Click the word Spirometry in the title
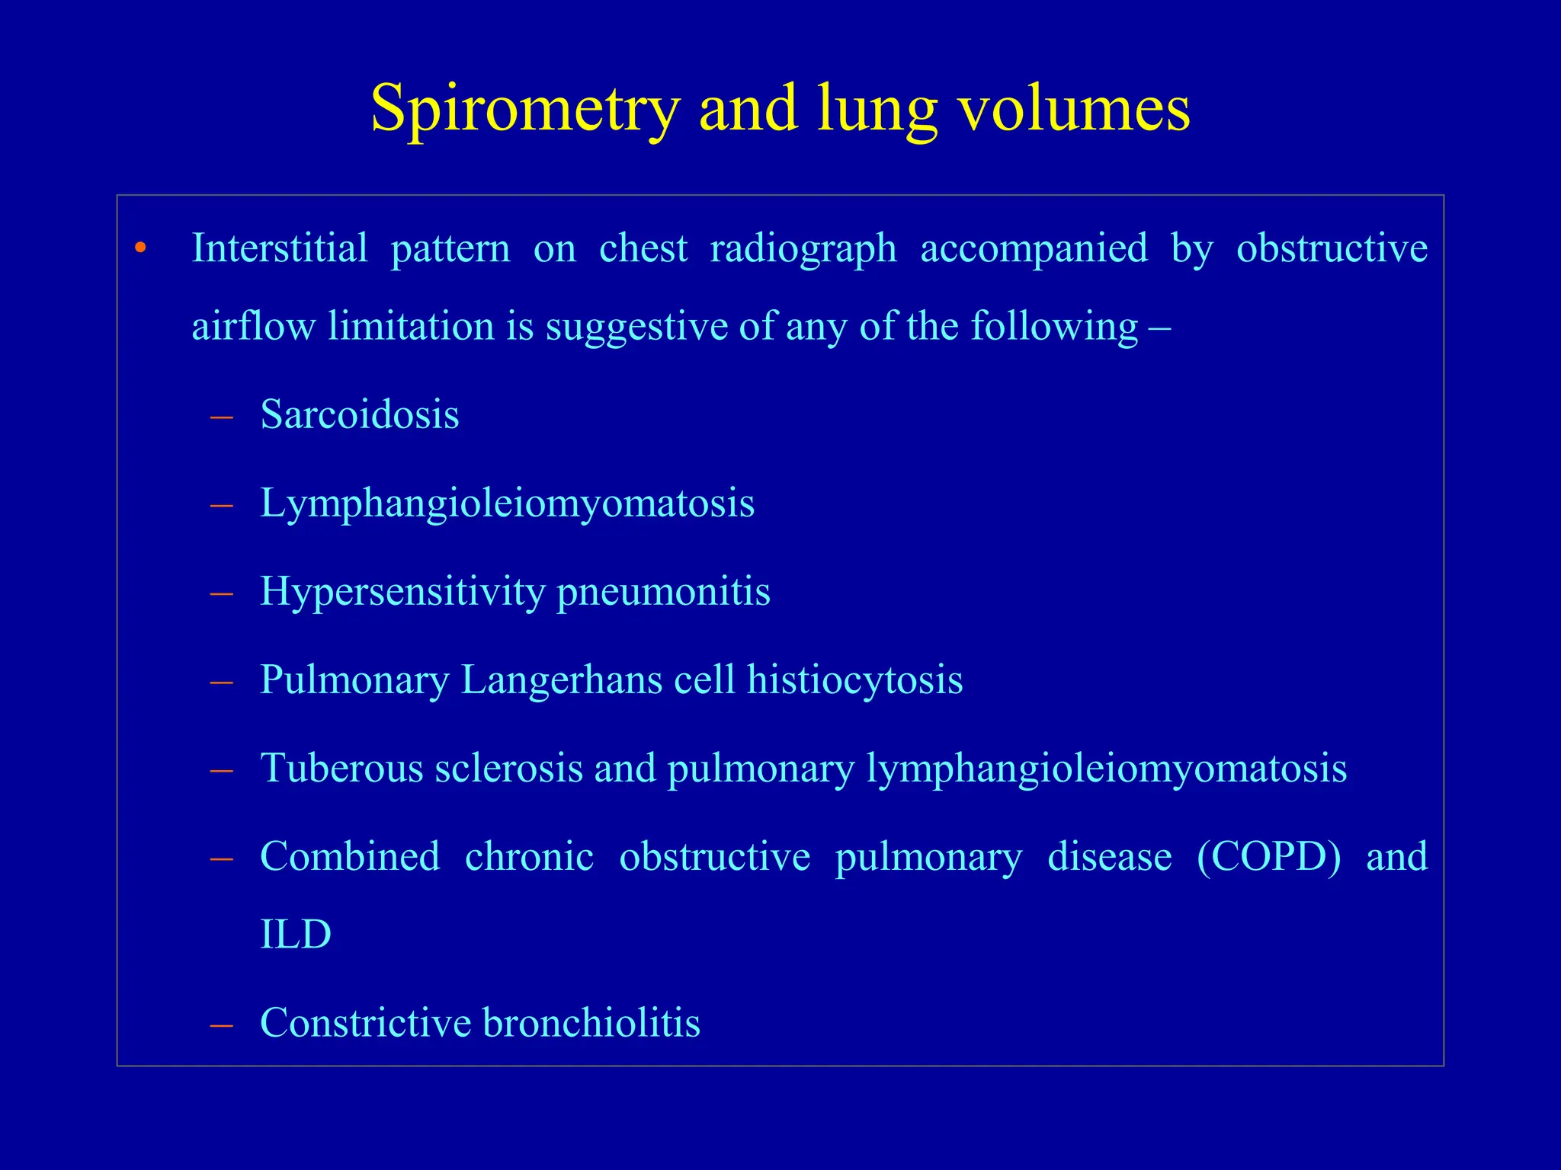pos(524,109)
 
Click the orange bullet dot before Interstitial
pos(139,248)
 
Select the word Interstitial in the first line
pos(279,248)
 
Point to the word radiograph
pos(803,248)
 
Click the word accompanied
pos(1034,248)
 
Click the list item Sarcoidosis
pos(359,415)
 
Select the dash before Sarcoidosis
pos(222,417)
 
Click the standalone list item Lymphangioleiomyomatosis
pos(507,503)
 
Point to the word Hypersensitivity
pos(402,592)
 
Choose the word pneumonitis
pos(663,592)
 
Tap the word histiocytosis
pos(854,680)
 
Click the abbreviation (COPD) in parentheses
pos(1268,857)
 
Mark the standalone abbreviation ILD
pos(296,935)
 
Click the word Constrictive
pos(365,1023)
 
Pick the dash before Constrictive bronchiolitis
pos(222,1025)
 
